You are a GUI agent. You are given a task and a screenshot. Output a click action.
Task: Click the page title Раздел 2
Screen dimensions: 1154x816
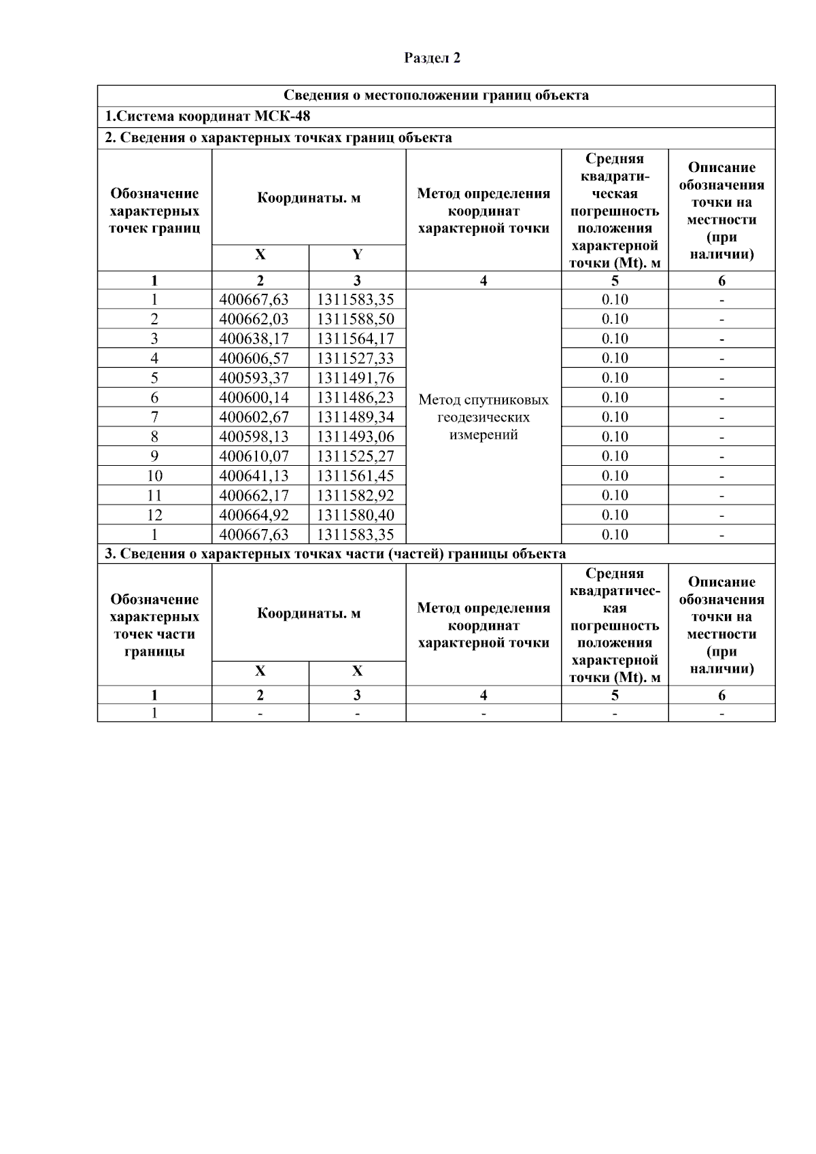coord(432,58)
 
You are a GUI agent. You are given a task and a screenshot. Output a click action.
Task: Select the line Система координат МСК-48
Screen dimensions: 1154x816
coord(207,117)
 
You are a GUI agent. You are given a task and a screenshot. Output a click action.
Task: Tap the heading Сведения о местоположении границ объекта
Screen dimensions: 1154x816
coord(436,95)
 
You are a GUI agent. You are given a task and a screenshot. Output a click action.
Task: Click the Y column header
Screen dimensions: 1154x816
coord(357,255)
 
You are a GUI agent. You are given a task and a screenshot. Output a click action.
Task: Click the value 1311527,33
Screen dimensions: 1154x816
coord(356,358)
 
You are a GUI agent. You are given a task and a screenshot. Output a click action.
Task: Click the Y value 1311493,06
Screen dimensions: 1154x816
coord(356,437)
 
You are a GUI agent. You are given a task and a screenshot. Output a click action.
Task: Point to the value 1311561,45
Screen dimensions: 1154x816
coord(356,476)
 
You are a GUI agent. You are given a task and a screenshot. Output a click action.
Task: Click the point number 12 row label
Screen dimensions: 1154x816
coord(154,515)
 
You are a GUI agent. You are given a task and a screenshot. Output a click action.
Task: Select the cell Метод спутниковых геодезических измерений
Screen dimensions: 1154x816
coord(483,417)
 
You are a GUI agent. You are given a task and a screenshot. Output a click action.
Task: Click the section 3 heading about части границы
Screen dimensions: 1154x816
coord(335,554)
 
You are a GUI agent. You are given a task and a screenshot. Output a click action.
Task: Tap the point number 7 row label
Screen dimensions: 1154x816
coord(154,417)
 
